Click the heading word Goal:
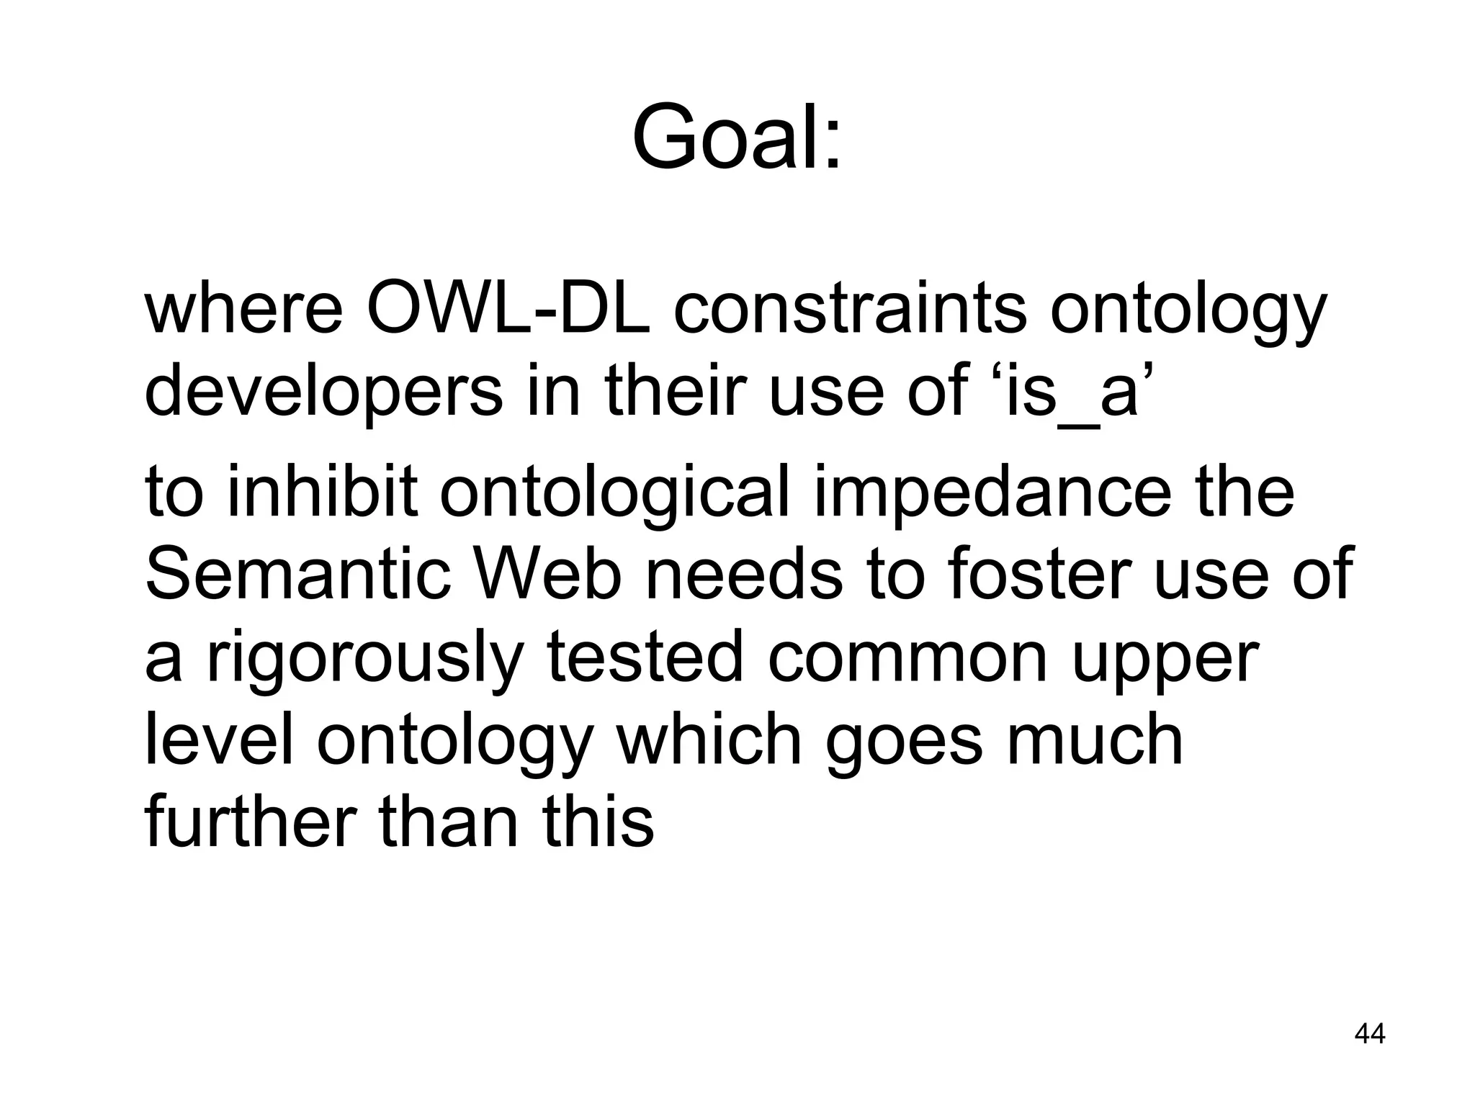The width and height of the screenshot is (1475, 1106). (736, 137)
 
